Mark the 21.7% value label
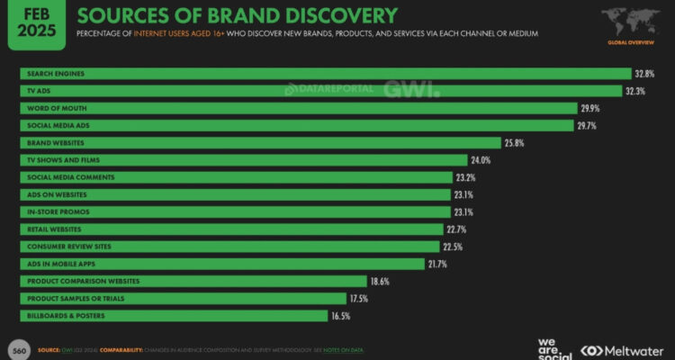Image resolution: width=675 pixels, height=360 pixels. (437, 264)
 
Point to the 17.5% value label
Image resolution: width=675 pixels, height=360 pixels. (360, 299)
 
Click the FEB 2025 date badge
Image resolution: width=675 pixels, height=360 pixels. (33, 24)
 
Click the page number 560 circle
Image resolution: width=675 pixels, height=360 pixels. (17, 349)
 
